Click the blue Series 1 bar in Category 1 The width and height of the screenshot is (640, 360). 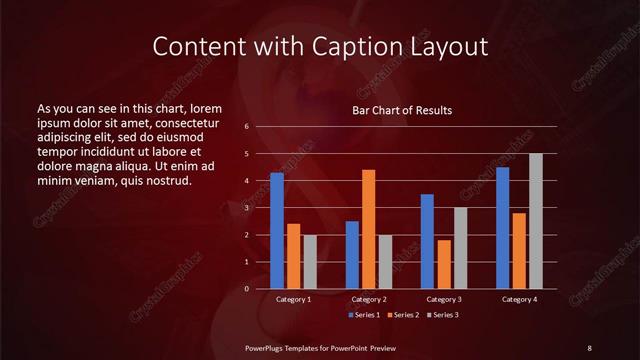click(x=277, y=231)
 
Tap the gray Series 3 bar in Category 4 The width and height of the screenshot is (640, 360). click(x=536, y=221)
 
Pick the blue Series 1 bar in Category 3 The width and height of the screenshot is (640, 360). click(x=427, y=241)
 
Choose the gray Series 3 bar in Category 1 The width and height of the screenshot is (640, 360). click(x=310, y=262)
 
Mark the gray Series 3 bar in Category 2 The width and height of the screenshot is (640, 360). click(x=386, y=262)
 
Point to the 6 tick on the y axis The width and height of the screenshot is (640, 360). click(x=246, y=127)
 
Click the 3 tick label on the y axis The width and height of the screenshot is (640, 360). click(x=246, y=208)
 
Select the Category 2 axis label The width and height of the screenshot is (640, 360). click(x=369, y=299)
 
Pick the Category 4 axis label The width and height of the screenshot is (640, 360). click(x=519, y=299)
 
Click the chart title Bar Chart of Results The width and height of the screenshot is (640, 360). click(x=403, y=110)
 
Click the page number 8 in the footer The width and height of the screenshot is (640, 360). click(x=589, y=347)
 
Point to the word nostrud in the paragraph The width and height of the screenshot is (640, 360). click(x=163, y=181)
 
